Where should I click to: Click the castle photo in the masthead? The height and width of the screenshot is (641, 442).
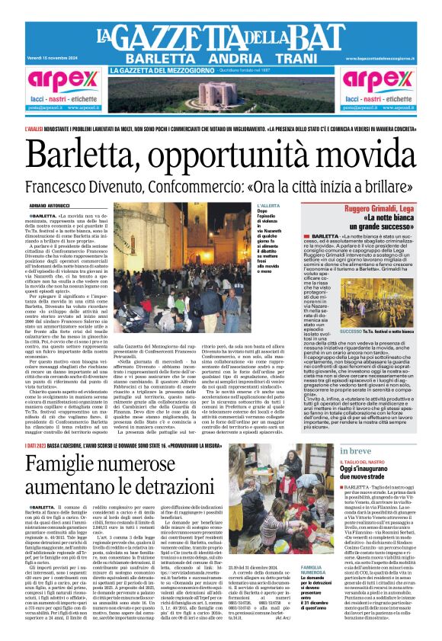point(220,95)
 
